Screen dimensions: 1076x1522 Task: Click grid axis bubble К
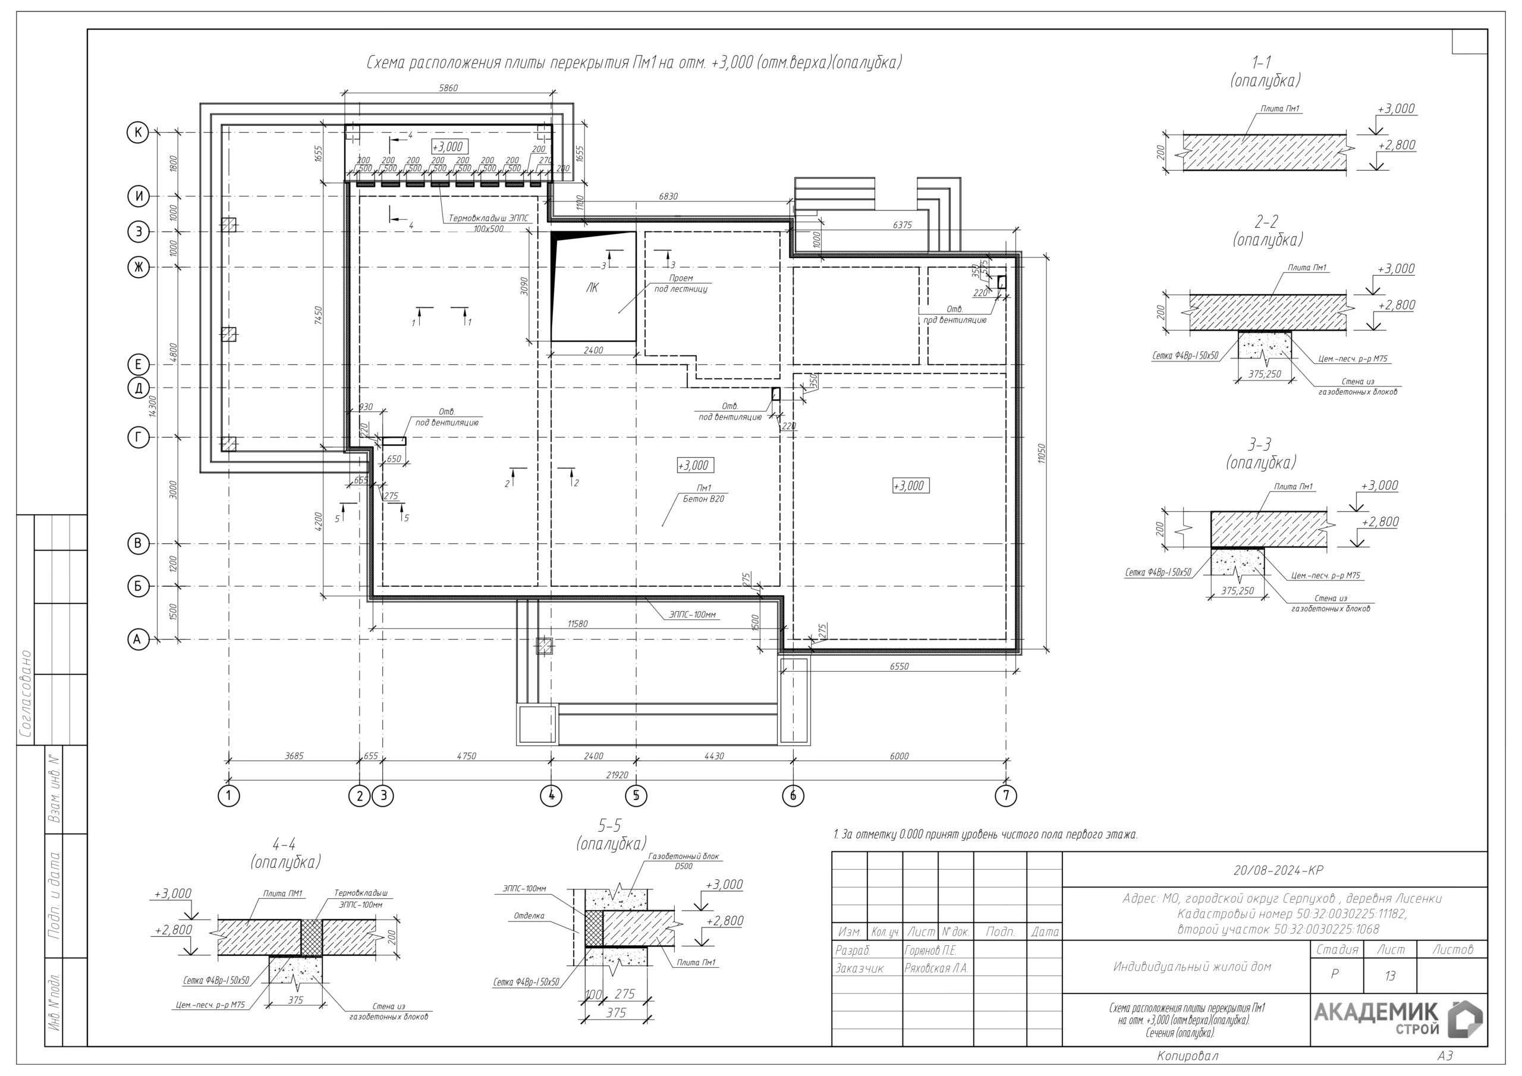(138, 133)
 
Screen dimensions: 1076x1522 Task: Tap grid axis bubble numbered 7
(1005, 795)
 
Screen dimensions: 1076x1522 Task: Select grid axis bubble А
(138, 640)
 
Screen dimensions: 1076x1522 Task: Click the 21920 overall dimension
(617, 775)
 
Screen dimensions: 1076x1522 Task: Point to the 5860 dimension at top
(449, 87)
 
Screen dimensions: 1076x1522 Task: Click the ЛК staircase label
(592, 288)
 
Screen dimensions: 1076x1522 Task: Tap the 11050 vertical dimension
(1042, 454)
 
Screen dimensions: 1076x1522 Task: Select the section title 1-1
(1261, 63)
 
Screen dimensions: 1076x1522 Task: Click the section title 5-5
(610, 825)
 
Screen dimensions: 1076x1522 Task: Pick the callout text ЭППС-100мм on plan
(692, 615)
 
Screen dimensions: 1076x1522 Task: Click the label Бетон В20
(703, 499)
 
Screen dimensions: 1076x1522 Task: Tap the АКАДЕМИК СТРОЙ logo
(1397, 1019)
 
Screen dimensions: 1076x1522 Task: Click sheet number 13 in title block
(1389, 976)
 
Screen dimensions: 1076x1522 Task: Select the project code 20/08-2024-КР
(1278, 870)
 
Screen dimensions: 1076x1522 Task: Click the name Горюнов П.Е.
(930, 951)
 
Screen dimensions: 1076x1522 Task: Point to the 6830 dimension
(668, 196)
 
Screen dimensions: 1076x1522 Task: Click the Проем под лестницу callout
(681, 284)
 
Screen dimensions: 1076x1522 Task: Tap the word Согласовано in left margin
(26, 694)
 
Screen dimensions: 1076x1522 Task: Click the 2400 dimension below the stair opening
(593, 350)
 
